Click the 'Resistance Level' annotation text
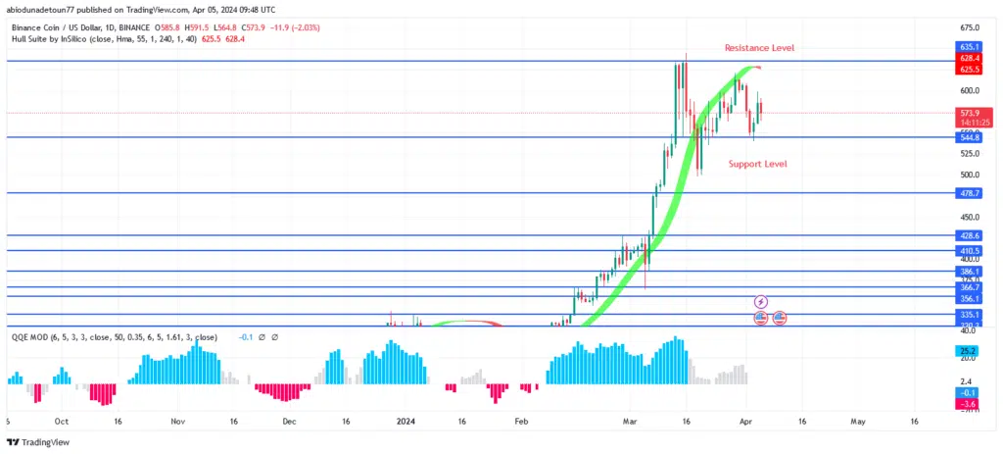759,48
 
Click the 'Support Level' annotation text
757,164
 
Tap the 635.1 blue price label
969,46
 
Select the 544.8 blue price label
969,138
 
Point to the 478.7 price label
969,194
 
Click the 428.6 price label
969,236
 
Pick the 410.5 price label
969,251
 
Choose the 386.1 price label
969,272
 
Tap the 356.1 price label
969,298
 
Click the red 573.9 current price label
969,114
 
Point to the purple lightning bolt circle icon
761,301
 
